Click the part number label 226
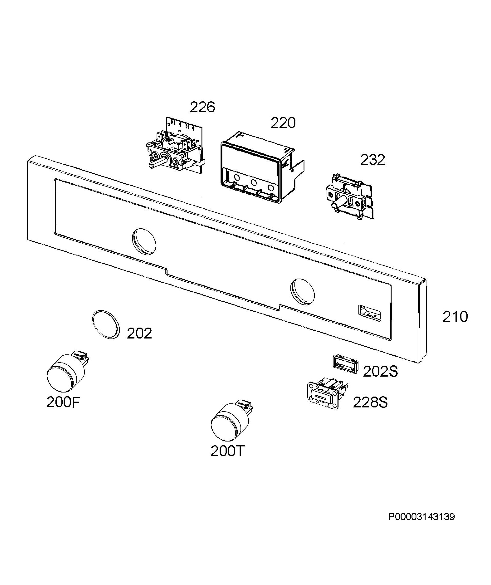(x=202, y=107)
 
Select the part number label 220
(x=283, y=123)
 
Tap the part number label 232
(x=372, y=160)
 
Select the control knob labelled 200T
(x=230, y=421)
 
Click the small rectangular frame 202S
(x=345, y=365)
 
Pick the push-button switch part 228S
(x=327, y=393)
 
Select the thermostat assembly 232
(x=350, y=197)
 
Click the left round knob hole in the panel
(x=144, y=242)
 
